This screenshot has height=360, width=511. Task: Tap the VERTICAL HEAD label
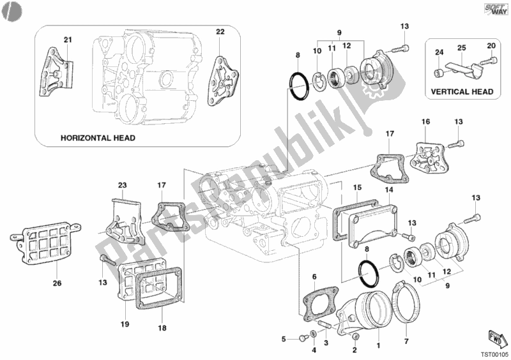(462, 92)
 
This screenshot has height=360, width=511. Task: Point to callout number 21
(68, 40)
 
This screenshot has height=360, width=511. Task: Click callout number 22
(219, 31)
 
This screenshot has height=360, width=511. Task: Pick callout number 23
(123, 185)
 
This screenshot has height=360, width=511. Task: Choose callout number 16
(425, 121)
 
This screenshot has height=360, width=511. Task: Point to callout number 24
(439, 52)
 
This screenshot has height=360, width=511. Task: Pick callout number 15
(358, 187)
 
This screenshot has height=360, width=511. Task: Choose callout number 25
(462, 48)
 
